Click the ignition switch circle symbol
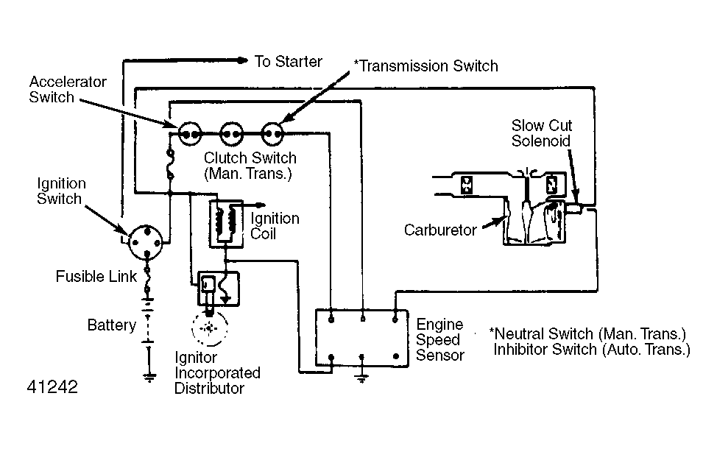pyautogui.click(x=146, y=242)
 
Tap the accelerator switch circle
pyautogui.click(x=190, y=134)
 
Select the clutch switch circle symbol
pyautogui.click(x=231, y=134)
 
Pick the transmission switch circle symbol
pyautogui.click(x=272, y=134)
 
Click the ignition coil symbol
pyautogui.click(x=226, y=224)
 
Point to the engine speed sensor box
pyautogui.click(x=361, y=338)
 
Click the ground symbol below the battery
pyautogui.click(x=149, y=377)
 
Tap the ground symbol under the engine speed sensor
pyautogui.click(x=361, y=378)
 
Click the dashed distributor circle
pyautogui.click(x=209, y=328)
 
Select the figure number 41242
pyautogui.click(x=52, y=387)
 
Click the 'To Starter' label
pyautogui.click(x=288, y=61)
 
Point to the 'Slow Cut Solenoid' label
pyautogui.click(x=541, y=133)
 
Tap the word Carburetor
pyautogui.click(x=440, y=230)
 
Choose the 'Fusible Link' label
pyautogui.click(x=96, y=276)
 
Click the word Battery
pyautogui.click(x=112, y=325)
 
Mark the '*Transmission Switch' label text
pyautogui.click(x=426, y=66)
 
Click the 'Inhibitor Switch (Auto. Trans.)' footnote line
pyautogui.click(x=592, y=350)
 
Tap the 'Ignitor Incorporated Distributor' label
pyautogui.click(x=217, y=372)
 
